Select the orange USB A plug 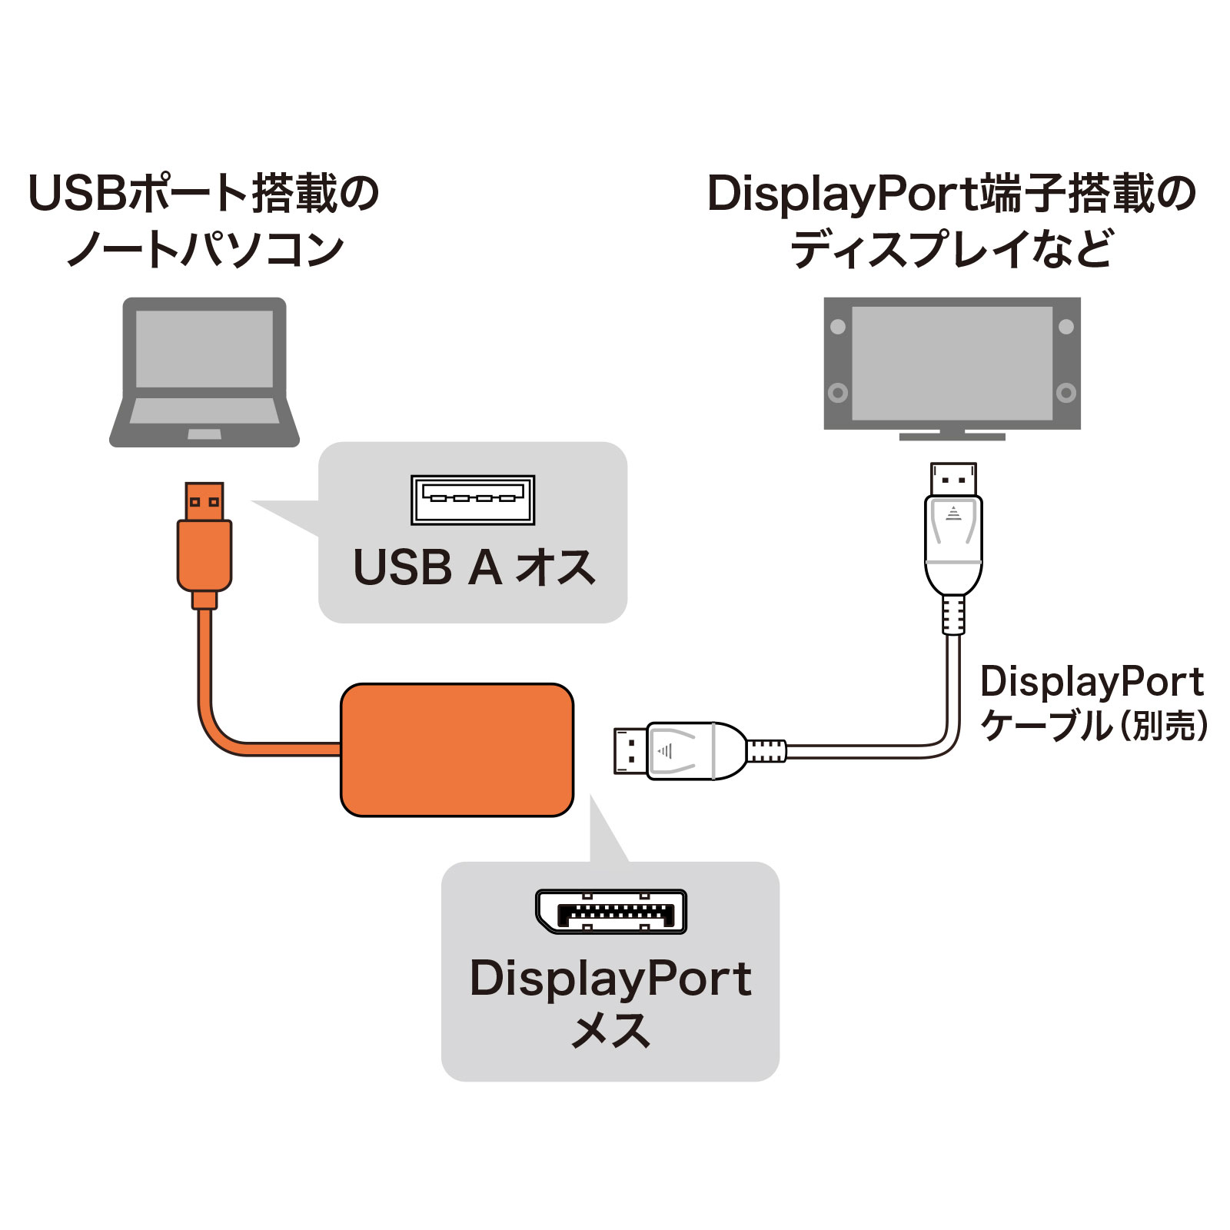(204, 538)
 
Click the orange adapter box (457, 750)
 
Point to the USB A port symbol (473, 500)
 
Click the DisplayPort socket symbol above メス (611, 912)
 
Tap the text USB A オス (474, 568)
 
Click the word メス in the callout (611, 1031)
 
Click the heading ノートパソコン (205, 249)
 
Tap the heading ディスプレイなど (952, 249)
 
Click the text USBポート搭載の (204, 193)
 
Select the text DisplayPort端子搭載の (952, 193)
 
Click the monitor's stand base (952, 437)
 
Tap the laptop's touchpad (204, 434)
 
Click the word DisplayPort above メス (611, 979)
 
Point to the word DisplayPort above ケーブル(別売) (1092, 682)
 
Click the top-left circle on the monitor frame (838, 326)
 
